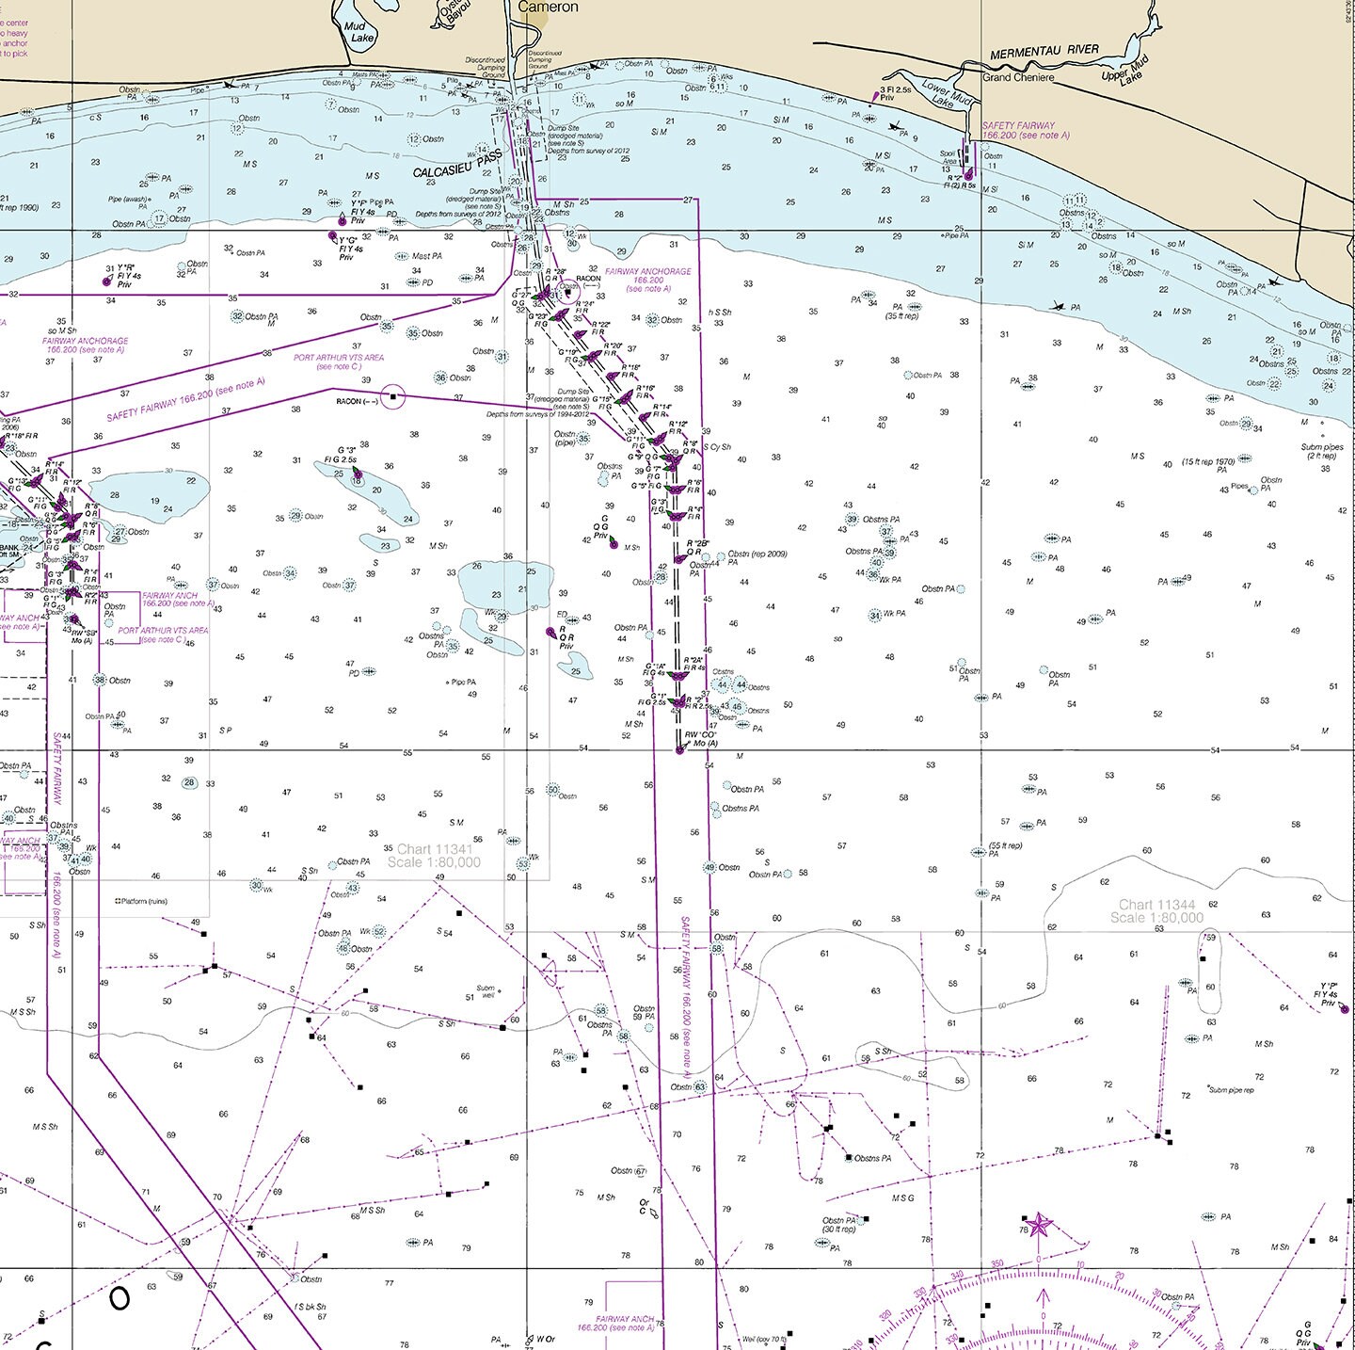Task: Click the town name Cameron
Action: pos(548,7)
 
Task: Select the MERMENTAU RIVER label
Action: pos(1044,50)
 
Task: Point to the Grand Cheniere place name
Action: pos(1018,77)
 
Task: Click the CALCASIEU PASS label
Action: pos(457,166)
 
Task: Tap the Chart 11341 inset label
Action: pos(434,856)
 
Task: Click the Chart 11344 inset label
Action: pos(1156,911)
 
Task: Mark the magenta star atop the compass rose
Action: pos(1039,1225)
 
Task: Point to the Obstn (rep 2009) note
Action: pos(757,554)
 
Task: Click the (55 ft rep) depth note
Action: pos(1005,845)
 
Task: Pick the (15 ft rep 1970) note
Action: pos(1208,461)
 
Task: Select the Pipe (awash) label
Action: pos(128,200)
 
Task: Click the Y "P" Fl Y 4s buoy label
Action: pos(1328,994)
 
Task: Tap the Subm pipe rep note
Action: pos(1232,1090)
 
